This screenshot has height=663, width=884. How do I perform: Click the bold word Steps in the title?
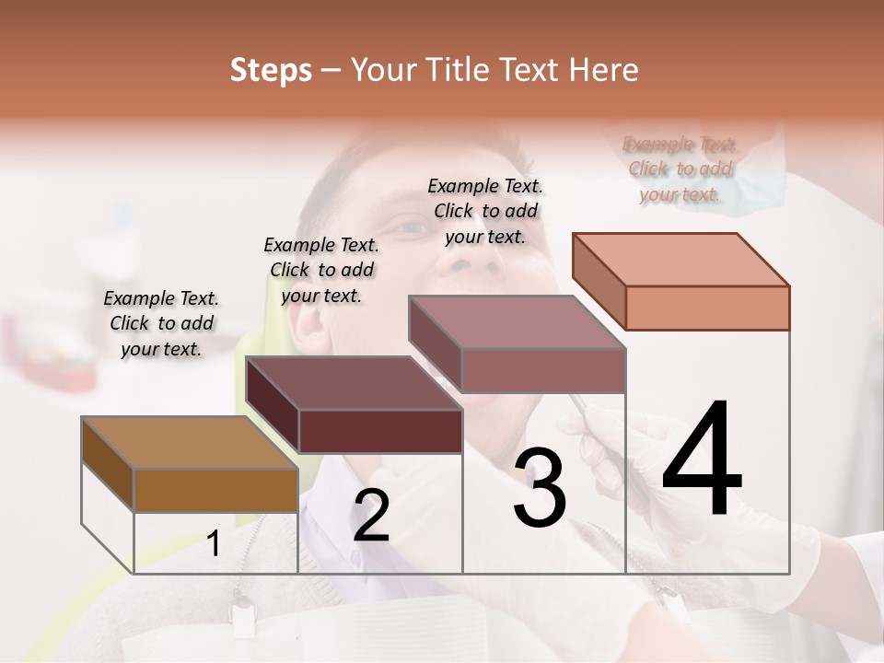[271, 70]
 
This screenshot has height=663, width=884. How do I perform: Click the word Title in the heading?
[460, 70]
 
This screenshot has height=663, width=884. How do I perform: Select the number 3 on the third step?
[540, 488]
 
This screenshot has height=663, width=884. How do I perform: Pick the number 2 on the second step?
[371, 517]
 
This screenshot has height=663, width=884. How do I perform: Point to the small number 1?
[214, 544]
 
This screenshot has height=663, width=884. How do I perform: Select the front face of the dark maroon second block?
[380, 431]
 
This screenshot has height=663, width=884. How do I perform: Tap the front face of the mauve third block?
[543, 370]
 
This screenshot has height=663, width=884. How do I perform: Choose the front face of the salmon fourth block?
[707, 308]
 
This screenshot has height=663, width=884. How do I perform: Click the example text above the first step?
[161, 323]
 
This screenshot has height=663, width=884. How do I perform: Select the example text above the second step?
[321, 270]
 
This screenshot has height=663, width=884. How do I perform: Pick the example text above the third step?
[485, 211]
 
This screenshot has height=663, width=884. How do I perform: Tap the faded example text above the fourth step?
[680, 169]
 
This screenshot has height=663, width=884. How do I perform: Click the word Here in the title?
[606, 70]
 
